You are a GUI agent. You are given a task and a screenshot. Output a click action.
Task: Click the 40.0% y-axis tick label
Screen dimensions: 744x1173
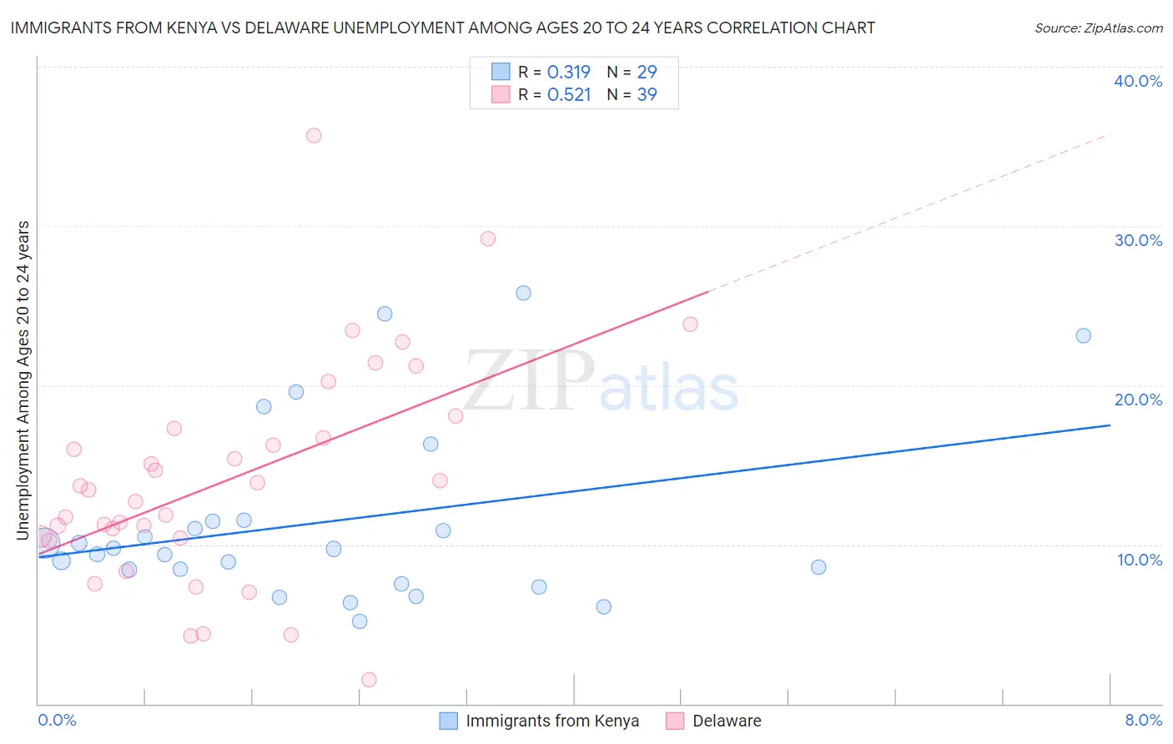click(x=1138, y=81)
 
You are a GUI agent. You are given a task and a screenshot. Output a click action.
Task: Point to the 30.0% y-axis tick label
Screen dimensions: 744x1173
click(x=1138, y=240)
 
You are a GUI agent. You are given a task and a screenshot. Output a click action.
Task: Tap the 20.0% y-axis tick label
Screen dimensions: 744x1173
click(x=1138, y=400)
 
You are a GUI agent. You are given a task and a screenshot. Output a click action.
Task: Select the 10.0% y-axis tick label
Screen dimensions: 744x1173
click(x=1140, y=560)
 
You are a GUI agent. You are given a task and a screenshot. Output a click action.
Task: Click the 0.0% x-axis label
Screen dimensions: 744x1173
click(x=57, y=720)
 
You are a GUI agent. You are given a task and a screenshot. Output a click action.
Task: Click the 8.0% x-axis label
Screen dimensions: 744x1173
click(x=1143, y=720)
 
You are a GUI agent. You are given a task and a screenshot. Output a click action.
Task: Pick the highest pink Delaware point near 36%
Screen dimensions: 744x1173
click(x=314, y=135)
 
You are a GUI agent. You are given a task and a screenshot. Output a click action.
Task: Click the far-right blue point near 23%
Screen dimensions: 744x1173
click(x=1083, y=336)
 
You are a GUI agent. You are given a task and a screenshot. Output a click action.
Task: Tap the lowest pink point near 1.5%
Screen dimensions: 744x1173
click(x=369, y=680)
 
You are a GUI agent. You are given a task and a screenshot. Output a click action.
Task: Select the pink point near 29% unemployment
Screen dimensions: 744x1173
click(x=488, y=239)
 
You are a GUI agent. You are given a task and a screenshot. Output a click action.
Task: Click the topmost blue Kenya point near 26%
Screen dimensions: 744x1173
click(x=523, y=293)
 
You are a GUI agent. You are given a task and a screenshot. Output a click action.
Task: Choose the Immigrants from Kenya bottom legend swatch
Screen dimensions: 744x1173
click(x=448, y=721)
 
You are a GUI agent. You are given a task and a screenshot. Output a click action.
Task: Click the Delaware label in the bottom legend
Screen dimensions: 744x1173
click(x=727, y=721)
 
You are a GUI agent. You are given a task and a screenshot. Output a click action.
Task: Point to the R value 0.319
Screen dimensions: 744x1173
click(x=569, y=72)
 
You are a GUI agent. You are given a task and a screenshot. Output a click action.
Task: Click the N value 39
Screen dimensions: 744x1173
click(x=647, y=94)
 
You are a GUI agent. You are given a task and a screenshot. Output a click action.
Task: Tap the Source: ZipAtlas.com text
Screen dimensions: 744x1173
click(x=1098, y=28)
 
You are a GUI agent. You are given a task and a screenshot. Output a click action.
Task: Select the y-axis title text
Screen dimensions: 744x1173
click(x=23, y=380)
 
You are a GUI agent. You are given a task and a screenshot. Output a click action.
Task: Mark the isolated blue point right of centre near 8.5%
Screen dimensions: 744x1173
click(x=818, y=567)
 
